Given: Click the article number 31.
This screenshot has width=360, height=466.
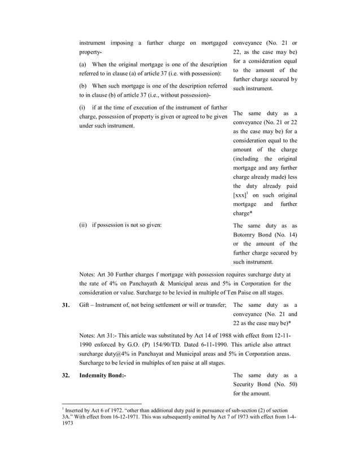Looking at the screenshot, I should point(65,305).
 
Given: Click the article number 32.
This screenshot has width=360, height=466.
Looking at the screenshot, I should point(65,375).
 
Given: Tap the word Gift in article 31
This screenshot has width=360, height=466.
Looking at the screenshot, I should point(85,305).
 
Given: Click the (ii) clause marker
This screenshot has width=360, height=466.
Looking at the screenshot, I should point(83,225).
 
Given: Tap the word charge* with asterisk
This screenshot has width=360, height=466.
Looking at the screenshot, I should point(243,213).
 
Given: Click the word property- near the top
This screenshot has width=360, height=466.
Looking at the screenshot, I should point(90,52).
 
